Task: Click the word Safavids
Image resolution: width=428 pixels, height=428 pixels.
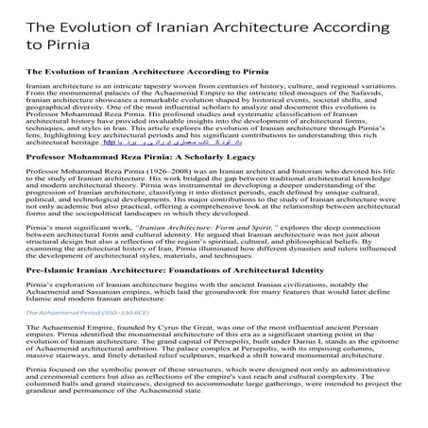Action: click(x=375, y=94)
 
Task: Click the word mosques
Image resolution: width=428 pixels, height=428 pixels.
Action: click(x=327, y=94)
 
